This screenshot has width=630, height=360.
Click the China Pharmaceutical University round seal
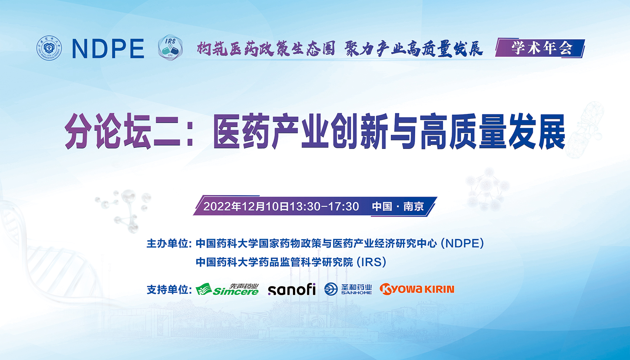click(x=49, y=48)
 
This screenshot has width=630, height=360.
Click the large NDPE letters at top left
click(x=108, y=49)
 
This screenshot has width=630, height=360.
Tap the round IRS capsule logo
click(x=170, y=48)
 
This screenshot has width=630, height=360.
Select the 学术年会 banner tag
click(x=540, y=48)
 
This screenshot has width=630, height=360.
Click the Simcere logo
click(x=227, y=290)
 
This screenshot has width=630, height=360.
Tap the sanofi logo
click(x=292, y=290)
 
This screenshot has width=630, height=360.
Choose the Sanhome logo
click(x=348, y=289)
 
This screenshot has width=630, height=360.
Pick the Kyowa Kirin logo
click(x=417, y=289)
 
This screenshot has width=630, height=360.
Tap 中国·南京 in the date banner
click(x=398, y=206)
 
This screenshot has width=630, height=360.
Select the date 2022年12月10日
click(x=246, y=206)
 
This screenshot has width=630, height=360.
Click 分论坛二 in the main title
click(x=122, y=131)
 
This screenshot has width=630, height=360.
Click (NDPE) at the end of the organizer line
click(x=463, y=243)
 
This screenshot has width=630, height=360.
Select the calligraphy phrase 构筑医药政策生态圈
click(x=266, y=49)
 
